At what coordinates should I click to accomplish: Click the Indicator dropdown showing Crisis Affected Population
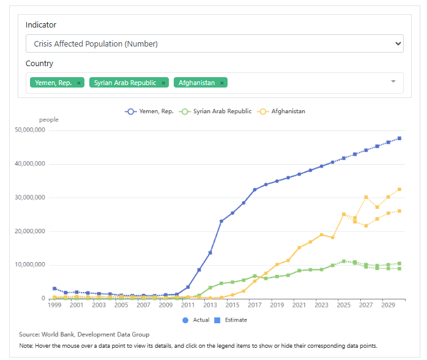(214, 43)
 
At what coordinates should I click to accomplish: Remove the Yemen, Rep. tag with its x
(79, 83)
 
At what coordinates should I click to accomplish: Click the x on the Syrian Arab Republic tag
(163, 83)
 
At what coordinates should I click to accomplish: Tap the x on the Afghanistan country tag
(222, 83)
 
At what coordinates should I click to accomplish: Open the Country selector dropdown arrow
(393, 82)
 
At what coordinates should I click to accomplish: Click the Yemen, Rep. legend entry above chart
(149, 111)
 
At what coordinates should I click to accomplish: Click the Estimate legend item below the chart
(230, 320)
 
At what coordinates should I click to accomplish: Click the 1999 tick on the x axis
(54, 305)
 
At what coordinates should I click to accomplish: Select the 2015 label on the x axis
(232, 305)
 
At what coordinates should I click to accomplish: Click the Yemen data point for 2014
(221, 221)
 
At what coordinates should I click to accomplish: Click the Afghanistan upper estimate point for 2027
(366, 197)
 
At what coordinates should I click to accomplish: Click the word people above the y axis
(49, 120)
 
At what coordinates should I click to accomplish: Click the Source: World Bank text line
(84, 334)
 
